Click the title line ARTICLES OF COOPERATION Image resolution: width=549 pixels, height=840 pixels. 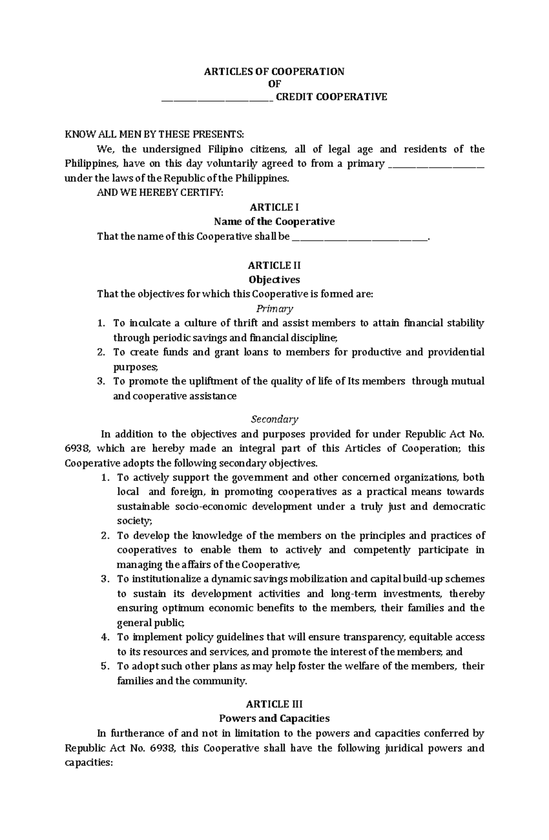[274, 71]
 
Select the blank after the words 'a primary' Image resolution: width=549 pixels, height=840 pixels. [436, 165]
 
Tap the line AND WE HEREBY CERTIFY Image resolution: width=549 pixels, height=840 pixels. [160, 193]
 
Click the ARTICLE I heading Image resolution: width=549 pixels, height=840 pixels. [274, 207]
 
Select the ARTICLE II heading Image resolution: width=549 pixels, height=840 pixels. [274, 266]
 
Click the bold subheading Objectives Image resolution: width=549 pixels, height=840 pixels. [274, 280]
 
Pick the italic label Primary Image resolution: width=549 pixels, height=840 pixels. [274, 309]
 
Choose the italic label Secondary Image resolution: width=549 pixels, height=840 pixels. [274, 419]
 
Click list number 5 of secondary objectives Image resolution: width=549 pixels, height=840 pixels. [105, 666]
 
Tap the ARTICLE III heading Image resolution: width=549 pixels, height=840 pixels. [274, 704]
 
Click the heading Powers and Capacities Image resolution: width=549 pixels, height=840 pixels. [274, 718]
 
